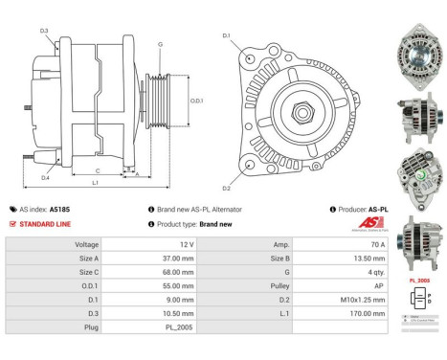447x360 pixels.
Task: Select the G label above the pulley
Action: [x=160, y=44]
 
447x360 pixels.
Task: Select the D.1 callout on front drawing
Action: [x=227, y=36]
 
